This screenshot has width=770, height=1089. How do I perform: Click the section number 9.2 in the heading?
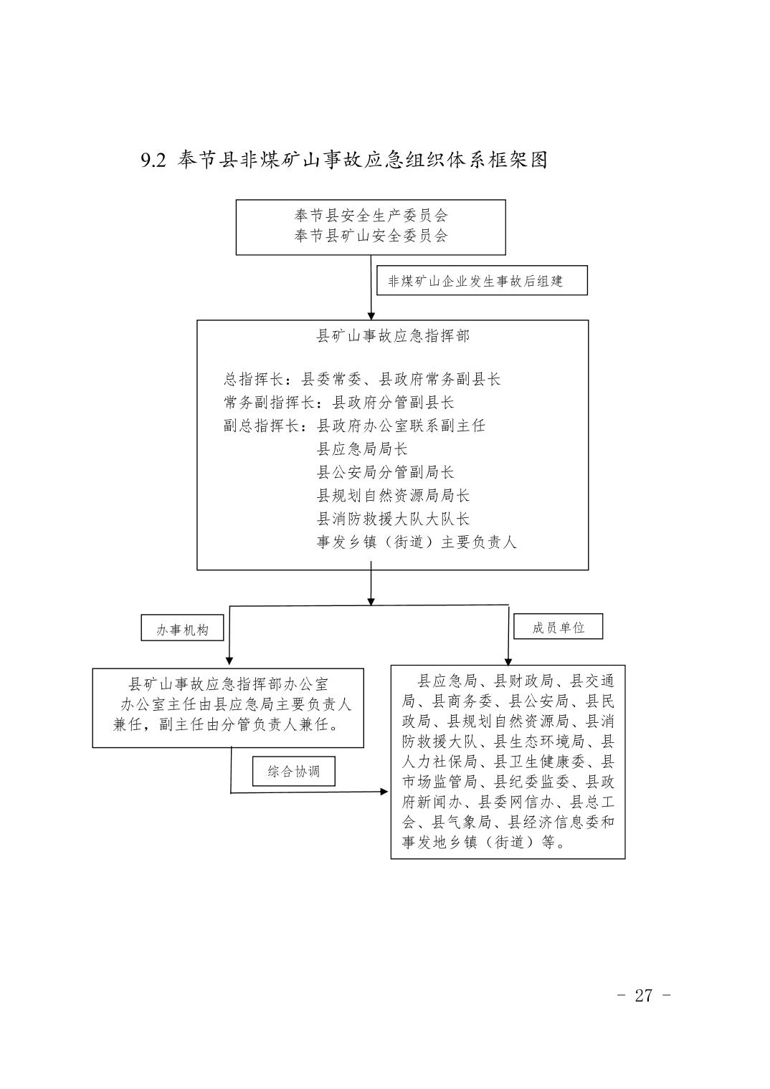153,160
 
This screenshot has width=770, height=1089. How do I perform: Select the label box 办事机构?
182,628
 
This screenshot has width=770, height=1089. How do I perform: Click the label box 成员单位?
558,626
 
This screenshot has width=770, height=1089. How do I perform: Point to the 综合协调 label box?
294,772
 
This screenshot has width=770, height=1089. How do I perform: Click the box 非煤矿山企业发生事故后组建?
482,281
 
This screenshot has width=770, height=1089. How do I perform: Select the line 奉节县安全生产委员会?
371,216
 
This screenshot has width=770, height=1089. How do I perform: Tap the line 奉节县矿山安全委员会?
371,236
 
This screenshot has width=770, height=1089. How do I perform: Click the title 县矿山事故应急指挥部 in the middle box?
393,336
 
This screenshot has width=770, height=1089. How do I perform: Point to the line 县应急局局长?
362,448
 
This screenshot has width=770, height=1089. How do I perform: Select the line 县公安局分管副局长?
385,472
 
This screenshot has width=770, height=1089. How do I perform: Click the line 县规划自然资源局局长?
393,495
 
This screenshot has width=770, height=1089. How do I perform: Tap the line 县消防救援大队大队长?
393,519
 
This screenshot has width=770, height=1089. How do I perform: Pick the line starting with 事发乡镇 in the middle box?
417,542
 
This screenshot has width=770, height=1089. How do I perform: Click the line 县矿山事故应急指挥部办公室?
228,684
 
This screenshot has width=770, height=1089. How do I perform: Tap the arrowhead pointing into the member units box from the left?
384,792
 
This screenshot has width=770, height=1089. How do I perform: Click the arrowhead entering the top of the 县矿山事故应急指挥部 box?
371,316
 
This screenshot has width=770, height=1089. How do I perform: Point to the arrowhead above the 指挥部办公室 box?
229,661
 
